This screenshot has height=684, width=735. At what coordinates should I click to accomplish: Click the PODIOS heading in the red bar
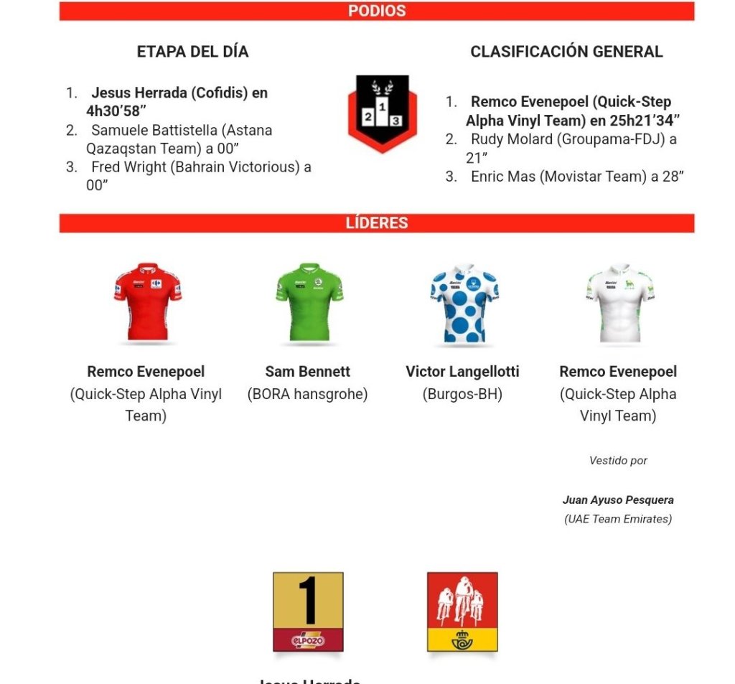click(377, 11)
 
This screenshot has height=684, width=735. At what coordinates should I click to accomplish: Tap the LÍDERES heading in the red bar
click(377, 222)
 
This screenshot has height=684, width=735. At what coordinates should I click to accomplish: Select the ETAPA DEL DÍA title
click(192, 52)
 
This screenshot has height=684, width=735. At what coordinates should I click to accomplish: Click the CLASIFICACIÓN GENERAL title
click(566, 52)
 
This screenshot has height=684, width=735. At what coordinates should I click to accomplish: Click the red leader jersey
click(147, 301)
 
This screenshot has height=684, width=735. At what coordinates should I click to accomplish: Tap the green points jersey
click(309, 301)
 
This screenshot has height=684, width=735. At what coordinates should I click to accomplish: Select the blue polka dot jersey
click(463, 301)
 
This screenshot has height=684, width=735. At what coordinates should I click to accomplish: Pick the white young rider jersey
click(619, 301)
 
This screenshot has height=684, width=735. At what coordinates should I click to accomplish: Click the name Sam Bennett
click(307, 372)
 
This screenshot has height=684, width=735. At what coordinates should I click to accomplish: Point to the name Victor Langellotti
click(462, 372)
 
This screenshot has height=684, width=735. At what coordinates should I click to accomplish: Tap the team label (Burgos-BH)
click(462, 394)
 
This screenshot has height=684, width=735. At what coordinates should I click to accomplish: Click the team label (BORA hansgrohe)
click(307, 394)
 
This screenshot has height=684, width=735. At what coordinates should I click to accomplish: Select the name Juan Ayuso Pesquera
click(618, 500)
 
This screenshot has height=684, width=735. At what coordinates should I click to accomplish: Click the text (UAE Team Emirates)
click(618, 519)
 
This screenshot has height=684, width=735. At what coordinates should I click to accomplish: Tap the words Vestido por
click(618, 461)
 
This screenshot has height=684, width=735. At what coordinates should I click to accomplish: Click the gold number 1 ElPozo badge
click(308, 612)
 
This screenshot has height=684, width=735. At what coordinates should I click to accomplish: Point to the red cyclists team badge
click(462, 612)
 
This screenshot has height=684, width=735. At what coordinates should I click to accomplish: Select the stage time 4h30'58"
click(116, 111)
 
